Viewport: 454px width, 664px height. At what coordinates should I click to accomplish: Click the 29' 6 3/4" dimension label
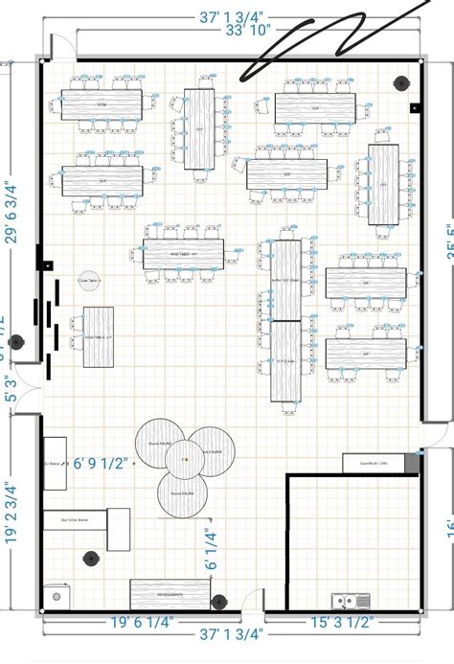pos(12,213)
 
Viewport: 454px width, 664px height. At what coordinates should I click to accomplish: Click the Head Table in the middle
pos(184,254)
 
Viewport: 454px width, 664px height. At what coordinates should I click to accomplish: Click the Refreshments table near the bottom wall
pos(164,593)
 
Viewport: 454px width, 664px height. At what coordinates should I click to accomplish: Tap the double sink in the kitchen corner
pos(351,601)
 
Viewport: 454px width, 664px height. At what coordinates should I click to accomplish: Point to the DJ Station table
pos(55,464)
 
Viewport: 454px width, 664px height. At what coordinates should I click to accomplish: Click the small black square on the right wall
pos(414,108)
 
